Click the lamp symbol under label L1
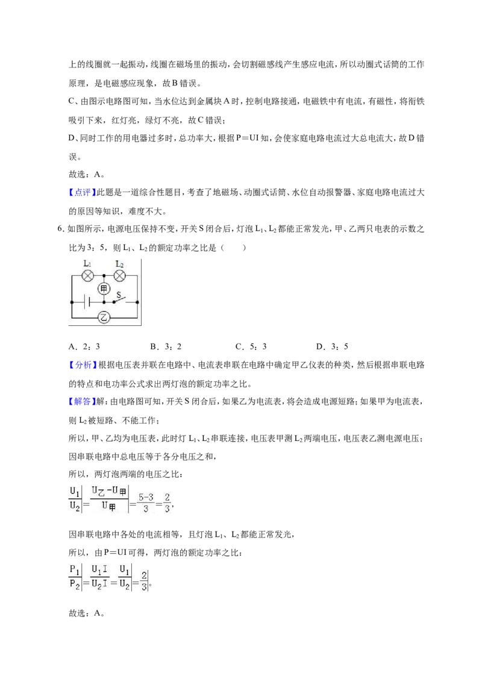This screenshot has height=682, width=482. [x=88, y=276]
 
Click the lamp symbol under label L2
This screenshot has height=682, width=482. [x=119, y=276]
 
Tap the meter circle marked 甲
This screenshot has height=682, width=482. [x=104, y=289]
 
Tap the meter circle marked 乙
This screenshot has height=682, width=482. [x=104, y=317]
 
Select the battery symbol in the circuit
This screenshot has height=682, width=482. [x=88, y=301]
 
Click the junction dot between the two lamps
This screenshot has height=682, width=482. [x=104, y=276]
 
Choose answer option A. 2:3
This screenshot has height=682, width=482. [x=84, y=346]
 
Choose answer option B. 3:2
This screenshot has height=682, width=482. [x=166, y=346]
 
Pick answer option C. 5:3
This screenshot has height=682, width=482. [x=251, y=346]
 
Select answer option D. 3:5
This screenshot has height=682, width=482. [x=333, y=346]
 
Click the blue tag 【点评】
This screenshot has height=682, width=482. [x=83, y=192]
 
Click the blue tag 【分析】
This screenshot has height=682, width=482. [x=83, y=365]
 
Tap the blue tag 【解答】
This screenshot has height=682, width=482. [x=83, y=401]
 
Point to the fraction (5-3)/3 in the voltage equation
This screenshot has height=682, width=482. [x=146, y=502]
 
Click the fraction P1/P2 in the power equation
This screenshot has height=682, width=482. [x=75, y=577]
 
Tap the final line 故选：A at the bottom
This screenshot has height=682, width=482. [x=86, y=613]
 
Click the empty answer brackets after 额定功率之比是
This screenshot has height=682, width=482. [x=233, y=248]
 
